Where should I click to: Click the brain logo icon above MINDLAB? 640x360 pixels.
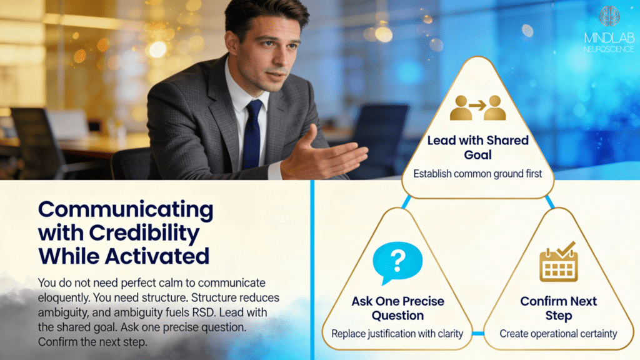609,16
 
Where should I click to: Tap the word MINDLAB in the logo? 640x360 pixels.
609,38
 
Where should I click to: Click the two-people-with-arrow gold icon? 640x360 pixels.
478,107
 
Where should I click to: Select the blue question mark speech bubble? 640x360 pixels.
397,263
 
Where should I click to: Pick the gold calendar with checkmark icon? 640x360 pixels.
558,262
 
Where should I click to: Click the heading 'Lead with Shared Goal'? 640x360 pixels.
478,147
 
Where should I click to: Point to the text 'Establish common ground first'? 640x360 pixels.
477,174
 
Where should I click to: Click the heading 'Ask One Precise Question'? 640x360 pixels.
398,308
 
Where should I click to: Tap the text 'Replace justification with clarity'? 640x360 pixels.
397,334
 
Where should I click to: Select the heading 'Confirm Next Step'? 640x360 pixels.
558,308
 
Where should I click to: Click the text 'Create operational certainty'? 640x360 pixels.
558,334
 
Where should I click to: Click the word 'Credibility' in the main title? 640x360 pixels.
144,234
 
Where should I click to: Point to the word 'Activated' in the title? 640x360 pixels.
157,256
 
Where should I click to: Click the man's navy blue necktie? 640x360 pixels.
252,135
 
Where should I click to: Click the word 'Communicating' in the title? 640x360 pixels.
126,210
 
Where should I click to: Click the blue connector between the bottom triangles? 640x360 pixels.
478,334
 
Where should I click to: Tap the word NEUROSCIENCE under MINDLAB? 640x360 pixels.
609,49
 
